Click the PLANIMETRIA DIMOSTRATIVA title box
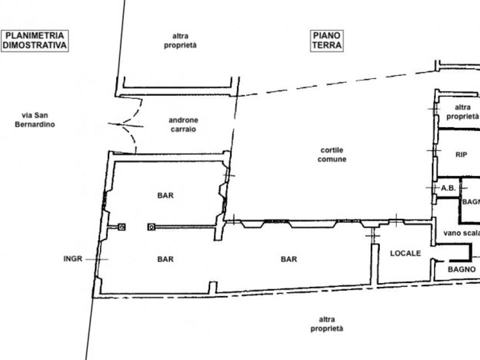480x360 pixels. (34, 40)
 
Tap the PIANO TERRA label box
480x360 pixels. (326, 40)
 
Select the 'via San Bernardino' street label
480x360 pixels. (35, 119)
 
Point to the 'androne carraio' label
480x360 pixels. (183, 124)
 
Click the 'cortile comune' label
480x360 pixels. (332, 154)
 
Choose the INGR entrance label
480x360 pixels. (73, 259)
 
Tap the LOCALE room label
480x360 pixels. (405, 253)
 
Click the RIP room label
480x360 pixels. (461, 154)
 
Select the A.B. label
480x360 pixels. (448, 188)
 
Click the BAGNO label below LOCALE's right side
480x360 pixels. (461, 269)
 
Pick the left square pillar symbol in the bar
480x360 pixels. (122, 227)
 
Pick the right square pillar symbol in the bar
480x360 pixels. (151, 227)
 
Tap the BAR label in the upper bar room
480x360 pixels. (165, 195)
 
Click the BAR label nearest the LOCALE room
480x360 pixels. (289, 259)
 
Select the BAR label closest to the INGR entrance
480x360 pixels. (165, 259)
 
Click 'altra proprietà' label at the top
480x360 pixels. (180, 40)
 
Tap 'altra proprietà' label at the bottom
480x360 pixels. (327, 324)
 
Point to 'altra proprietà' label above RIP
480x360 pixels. (462, 111)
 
